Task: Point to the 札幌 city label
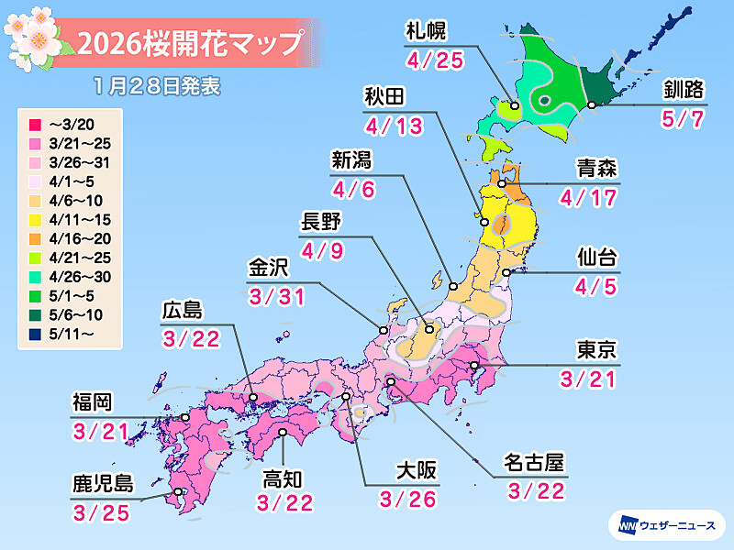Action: click(x=427, y=32)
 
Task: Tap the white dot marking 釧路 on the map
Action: click(x=592, y=105)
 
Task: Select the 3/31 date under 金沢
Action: click(x=271, y=296)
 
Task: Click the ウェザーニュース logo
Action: click(x=667, y=525)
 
